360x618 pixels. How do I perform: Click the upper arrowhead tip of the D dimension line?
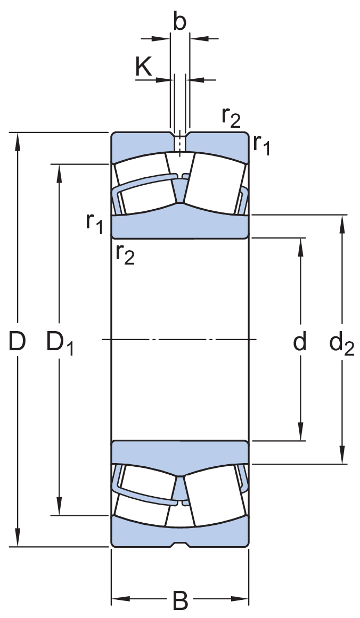pos(18,133)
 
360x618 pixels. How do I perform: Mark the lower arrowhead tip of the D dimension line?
pos(18,546)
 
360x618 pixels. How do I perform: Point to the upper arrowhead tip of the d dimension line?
pos(300,238)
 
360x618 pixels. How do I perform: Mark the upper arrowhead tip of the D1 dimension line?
pos(60,164)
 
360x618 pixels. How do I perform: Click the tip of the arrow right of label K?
pos(174,80)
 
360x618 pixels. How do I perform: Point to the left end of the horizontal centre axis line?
pos(102,340)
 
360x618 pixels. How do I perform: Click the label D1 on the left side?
pos(60,342)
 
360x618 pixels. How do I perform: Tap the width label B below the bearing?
pos(180,601)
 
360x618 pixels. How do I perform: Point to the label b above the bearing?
pos(180,22)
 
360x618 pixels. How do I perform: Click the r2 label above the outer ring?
pos(231,118)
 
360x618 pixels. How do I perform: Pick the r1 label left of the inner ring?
pos(94,224)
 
